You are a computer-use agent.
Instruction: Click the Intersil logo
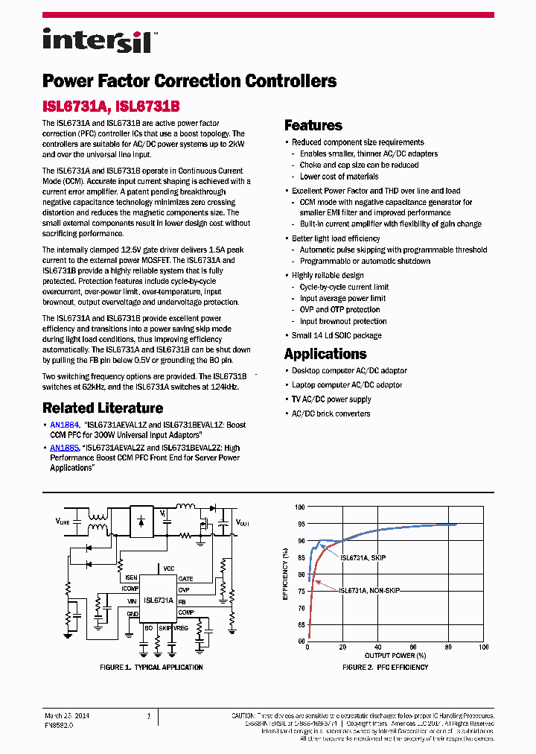[97, 40]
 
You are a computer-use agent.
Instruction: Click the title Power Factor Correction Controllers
[189, 80]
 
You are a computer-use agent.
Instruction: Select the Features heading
[313, 125]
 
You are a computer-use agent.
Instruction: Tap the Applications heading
[325, 354]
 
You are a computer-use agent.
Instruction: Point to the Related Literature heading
[103, 408]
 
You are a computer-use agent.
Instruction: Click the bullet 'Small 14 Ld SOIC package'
[336, 335]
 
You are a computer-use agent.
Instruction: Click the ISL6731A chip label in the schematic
[159, 600]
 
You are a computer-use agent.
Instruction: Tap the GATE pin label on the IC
[185, 579]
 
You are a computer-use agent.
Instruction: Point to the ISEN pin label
[131, 577]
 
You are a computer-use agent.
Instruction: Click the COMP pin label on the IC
[185, 612]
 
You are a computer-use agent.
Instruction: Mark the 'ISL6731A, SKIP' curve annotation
[363, 557]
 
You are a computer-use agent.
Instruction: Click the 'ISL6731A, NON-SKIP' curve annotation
[369, 590]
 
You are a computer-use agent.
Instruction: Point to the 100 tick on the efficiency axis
[300, 507]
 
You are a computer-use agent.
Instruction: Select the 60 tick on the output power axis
[413, 647]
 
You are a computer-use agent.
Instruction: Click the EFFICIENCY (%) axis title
[285, 574]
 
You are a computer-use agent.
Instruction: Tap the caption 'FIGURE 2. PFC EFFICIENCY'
[385, 667]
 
